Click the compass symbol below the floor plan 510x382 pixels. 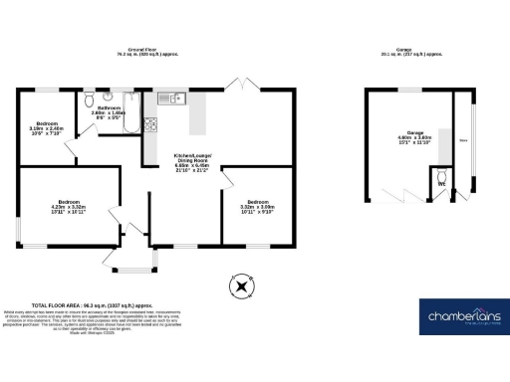tap(239, 286)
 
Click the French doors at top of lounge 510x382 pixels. tap(239, 83)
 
